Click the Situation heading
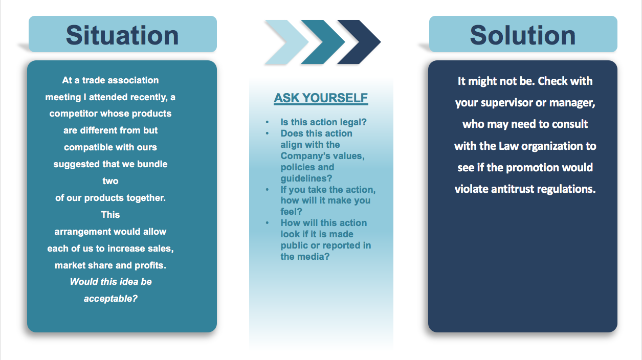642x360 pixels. point(122,35)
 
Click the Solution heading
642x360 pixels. point(523,35)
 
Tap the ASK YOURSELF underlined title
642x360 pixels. point(321,98)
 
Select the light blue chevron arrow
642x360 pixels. point(286,42)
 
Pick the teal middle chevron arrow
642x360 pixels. point(323,42)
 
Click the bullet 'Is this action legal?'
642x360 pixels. point(324,122)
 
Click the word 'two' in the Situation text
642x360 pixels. point(110,181)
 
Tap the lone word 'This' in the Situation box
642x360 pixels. point(110,214)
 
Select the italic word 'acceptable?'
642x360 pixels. point(110,299)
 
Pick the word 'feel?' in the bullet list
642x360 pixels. point(291,212)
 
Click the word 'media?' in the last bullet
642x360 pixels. point(316,257)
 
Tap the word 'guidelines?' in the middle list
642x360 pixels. point(306,178)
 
